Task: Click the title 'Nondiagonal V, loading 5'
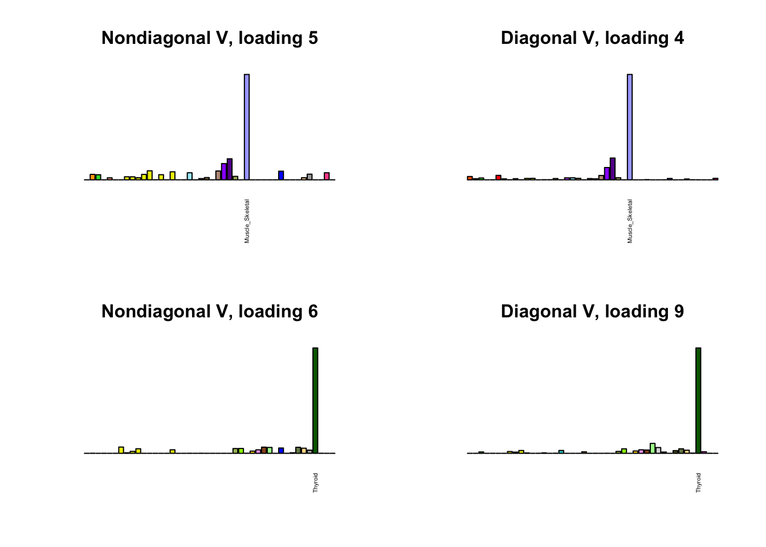pyautogui.click(x=209, y=38)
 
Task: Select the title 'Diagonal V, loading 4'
pyautogui.click(x=592, y=38)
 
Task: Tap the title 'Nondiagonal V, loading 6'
pyautogui.click(x=209, y=312)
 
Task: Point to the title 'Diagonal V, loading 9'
pyautogui.click(x=592, y=312)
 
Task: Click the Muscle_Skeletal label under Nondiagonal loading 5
pyautogui.click(x=247, y=221)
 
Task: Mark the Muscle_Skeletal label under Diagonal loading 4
pyautogui.click(x=630, y=221)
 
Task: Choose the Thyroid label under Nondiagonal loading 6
pyautogui.click(x=316, y=483)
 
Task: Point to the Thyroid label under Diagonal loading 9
pyautogui.click(x=699, y=483)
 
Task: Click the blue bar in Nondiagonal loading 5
pyautogui.click(x=281, y=175)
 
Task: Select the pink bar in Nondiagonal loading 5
pyautogui.click(x=327, y=176)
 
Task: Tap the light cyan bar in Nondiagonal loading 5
pyautogui.click(x=190, y=176)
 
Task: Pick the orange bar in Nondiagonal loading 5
pyautogui.click(x=92, y=177)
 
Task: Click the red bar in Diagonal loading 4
pyautogui.click(x=498, y=177)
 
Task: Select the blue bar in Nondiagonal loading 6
pyautogui.click(x=281, y=451)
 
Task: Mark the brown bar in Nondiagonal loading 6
pyautogui.click(x=264, y=450)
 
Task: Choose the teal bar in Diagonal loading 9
pyautogui.click(x=561, y=452)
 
